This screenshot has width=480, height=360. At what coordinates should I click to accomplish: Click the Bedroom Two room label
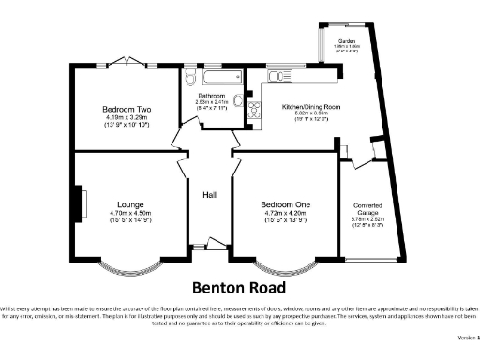[127, 109]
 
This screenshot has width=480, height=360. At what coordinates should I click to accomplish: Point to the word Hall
[210, 195]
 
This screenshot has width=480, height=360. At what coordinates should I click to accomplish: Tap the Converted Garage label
[367, 210]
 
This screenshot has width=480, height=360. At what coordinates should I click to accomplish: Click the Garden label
[348, 41]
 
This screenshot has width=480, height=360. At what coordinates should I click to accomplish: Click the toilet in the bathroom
[190, 77]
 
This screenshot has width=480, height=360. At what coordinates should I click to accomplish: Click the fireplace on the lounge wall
[80, 202]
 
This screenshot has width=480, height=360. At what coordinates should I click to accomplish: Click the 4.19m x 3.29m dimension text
[127, 118]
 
